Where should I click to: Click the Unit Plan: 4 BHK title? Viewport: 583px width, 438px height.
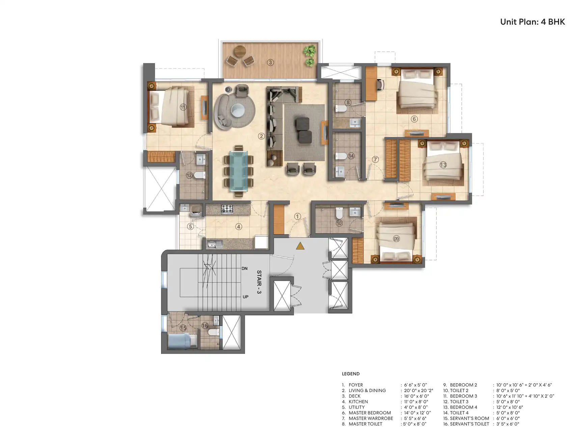tap(532, 22)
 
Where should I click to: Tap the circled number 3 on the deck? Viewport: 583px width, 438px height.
tap(270, 62)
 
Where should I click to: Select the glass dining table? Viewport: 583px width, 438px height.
tap(239, 171)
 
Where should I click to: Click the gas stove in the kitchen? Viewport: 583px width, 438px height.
tap(227, 209)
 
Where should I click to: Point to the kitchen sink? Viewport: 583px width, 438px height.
tap(214, 243)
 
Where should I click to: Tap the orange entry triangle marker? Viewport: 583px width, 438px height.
tap(300, 246)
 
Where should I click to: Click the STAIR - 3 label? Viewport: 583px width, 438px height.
tap(259, 282)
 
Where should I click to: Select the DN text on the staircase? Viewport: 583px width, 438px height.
tap(245, 268)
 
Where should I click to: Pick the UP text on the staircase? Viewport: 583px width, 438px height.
tap(245, 297)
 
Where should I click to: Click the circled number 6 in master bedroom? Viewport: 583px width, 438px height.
tap(414, 119)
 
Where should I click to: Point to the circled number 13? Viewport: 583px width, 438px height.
tap(443, 165)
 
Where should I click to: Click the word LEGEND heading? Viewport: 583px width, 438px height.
tap(351, 374)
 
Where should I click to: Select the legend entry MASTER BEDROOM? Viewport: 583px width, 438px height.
tap(370, 413)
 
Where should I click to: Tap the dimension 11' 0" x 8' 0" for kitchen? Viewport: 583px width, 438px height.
tap(416, 402)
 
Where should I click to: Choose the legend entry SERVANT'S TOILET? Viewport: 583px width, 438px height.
tap(470, 424)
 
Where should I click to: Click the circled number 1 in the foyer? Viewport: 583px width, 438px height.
tap(297, 216)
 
